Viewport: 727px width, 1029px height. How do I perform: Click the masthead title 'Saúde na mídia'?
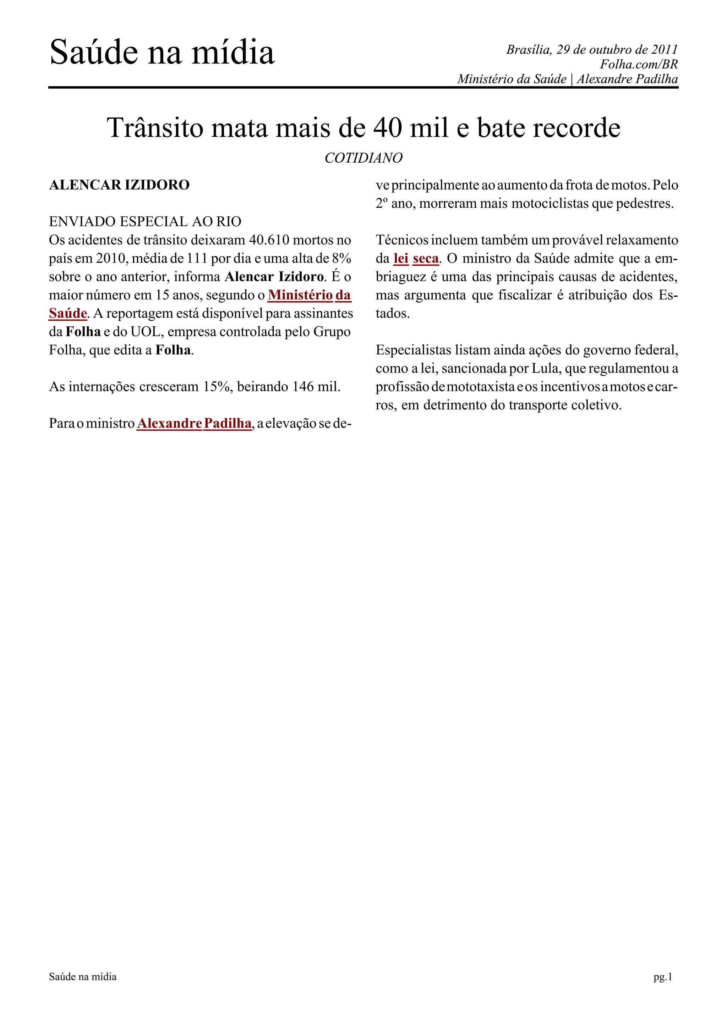(x=162, y=53)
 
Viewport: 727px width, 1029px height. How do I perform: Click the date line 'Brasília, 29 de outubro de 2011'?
(x=592, y=49)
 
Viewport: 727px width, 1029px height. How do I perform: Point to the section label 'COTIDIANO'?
(x=363, y=158)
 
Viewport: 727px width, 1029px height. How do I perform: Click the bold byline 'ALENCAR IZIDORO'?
(x=119, y=185)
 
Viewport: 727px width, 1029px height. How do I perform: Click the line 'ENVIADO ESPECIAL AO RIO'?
(x=145, y=222)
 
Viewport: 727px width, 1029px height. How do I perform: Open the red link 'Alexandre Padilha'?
(x=194, y=423)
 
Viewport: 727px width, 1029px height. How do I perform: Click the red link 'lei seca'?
(x=416, y=258)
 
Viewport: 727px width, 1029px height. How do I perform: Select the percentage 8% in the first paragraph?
(x=342, y=258)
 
